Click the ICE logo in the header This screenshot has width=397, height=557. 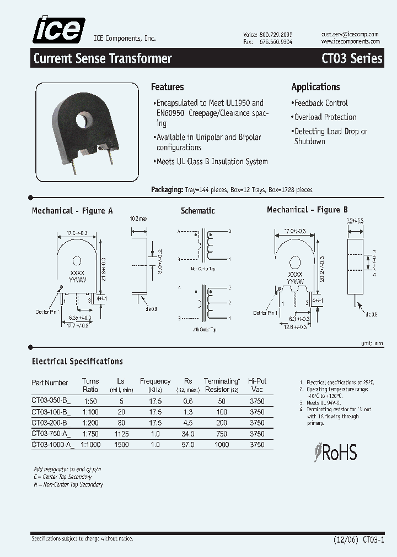(59, 30)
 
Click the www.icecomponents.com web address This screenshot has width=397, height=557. (350, 41)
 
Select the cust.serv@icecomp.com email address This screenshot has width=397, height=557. (350, 34)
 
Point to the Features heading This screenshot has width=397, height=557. (167, 87)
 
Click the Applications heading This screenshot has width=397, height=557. (315, 87)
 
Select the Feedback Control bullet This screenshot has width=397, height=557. (321, 103)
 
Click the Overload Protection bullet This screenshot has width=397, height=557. (325, 117)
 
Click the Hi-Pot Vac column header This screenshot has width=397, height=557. (257, 384)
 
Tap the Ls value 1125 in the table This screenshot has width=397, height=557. (121, 434)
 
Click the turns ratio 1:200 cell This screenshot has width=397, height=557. (90, 423)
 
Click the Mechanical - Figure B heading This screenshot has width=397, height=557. (307, 210)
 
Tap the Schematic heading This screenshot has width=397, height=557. (197, 211)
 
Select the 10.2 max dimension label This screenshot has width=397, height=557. (138, 219)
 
